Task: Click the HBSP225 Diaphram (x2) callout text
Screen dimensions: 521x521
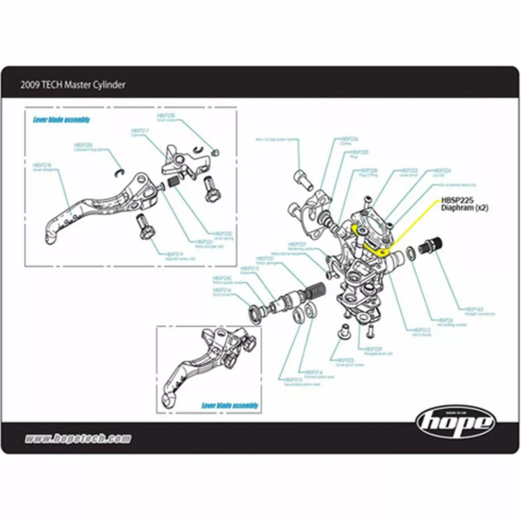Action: pyautogui.click(x=464, y=204)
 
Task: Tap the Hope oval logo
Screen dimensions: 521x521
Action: pyautogui.click(x=455, y=422)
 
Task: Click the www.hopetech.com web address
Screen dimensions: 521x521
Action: pyautogui.click(x=78, y=439)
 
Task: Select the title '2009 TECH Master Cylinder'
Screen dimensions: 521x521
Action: pyautogui.click(x=73, y=85)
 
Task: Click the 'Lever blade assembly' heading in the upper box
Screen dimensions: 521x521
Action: pyautogui.click(x=61, y=120)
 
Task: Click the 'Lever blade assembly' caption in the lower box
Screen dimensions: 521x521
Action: pyautogui.click(x=230, y=406)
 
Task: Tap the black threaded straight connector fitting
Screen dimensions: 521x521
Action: pyautogui.click(x=430, y=245)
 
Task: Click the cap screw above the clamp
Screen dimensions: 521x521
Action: pyautogui.click(x=303, y=178)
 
